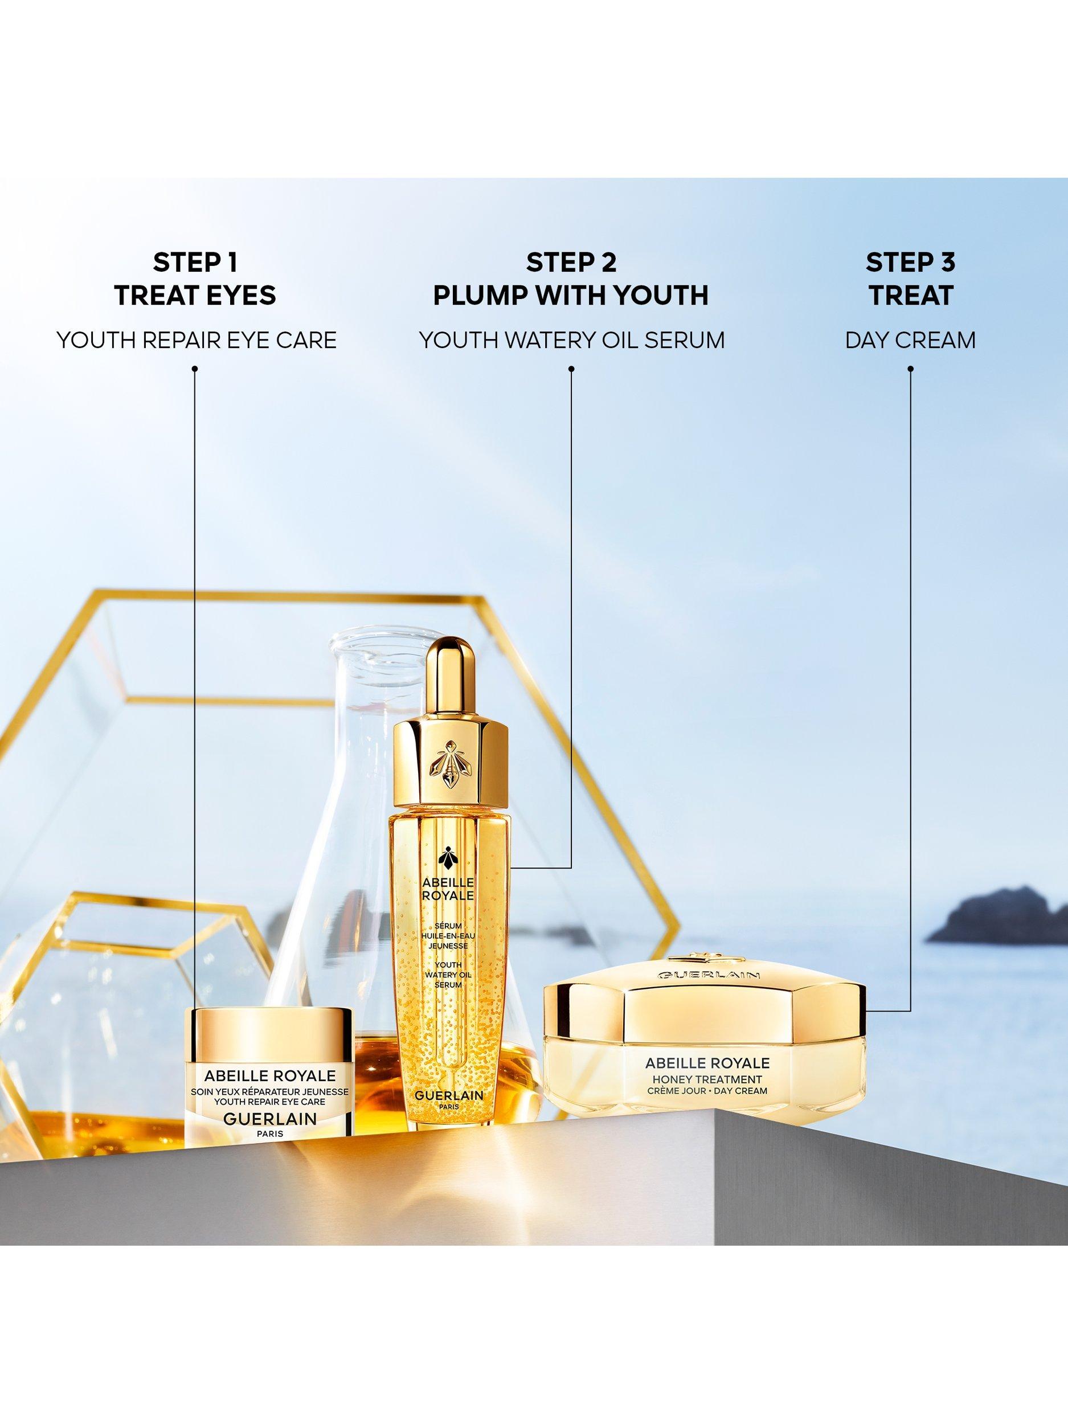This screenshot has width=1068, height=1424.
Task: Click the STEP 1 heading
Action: coord(195,262)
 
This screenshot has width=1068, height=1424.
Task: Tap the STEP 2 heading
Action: coord(571,262)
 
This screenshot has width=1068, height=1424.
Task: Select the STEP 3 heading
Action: coord(910,262)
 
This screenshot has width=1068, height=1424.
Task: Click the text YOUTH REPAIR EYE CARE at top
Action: coord(197,340)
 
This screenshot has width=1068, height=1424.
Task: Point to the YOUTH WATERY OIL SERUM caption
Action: coord(572,340)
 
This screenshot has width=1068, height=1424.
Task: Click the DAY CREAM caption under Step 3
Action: coord(910,340)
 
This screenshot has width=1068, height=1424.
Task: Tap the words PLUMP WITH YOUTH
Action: coord(571,296)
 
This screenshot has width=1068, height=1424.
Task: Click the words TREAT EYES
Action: coord(195,296)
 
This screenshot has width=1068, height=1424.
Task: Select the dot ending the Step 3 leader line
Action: coord(910,369)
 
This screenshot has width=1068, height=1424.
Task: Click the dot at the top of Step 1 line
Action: coord(194,369)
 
